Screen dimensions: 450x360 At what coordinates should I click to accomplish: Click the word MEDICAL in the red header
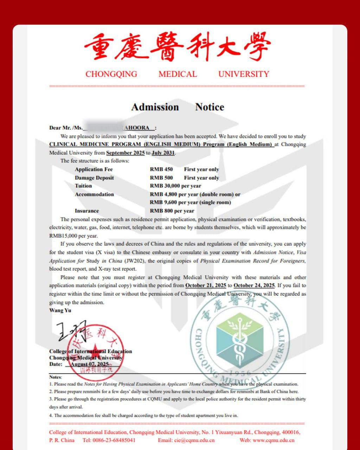click(178, 74)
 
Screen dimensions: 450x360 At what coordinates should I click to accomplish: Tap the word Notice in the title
click(210, 107)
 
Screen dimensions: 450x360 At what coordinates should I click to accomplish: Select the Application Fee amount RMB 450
click(161, 169)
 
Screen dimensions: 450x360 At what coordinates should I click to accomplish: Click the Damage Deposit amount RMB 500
click(161, 178)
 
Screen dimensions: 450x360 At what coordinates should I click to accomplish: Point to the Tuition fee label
click(83, 186)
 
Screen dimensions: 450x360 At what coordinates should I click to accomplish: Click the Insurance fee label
click(87, 211)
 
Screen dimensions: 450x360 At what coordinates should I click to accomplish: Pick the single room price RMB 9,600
click(163, 202)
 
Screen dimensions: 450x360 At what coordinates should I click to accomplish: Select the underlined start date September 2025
click(125, 153)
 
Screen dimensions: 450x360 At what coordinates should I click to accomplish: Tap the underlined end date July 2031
click(163, 153)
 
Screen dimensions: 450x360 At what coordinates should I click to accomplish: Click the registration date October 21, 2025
click(206, 285)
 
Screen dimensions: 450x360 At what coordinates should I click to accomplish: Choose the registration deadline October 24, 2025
click(254, 285)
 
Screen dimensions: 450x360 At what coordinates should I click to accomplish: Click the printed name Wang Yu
click(60, 310)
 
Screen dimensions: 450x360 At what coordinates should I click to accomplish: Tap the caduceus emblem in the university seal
click(239, 341)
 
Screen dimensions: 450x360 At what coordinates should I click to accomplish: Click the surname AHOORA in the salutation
click(137, 128)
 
